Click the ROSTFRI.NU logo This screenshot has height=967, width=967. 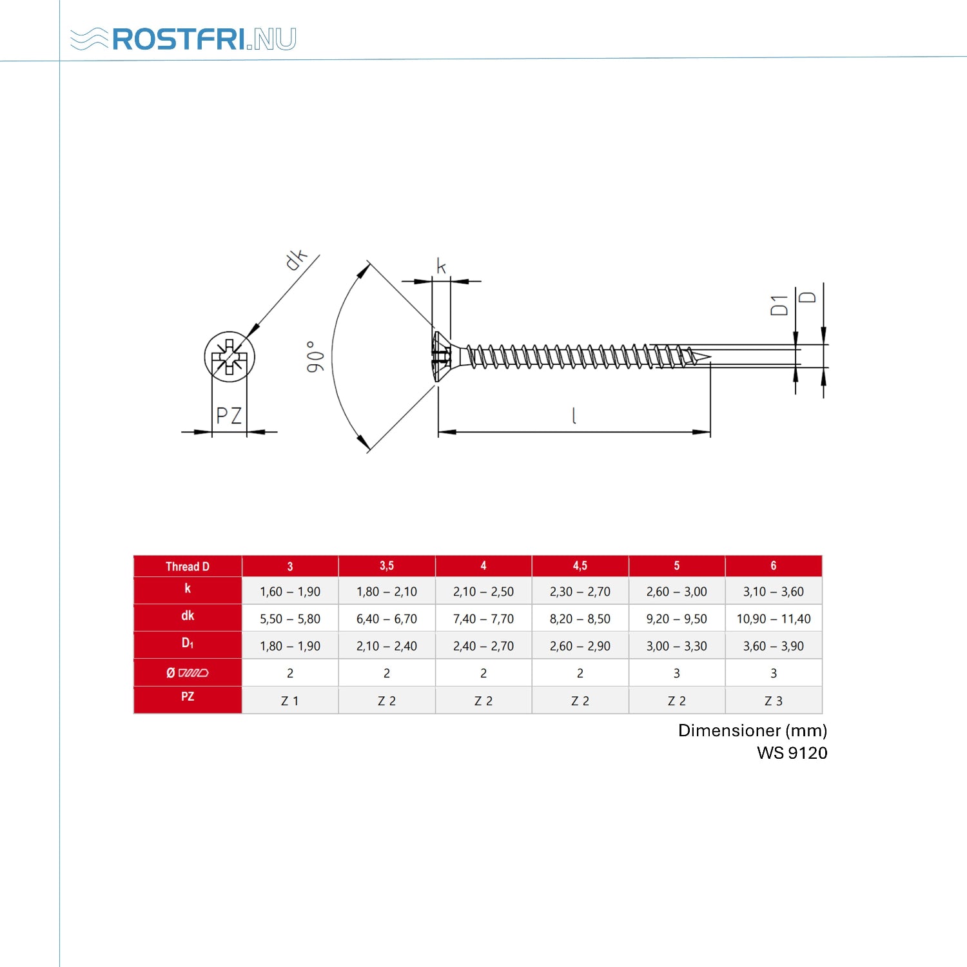pos(183,39)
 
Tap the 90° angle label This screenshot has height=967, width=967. pos(315,357)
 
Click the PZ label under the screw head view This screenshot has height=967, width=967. pos(229,415)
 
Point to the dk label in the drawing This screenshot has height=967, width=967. pos(296,259)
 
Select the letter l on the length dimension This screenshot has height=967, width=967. pos(574,416)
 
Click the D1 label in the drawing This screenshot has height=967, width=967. pos(779,306)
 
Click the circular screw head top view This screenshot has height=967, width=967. pos(230,357)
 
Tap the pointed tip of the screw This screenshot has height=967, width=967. pos(710,357)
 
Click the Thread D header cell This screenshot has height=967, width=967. pos(188,566)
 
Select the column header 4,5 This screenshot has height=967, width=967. pos(580,565)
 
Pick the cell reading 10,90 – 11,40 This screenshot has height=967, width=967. pos(774,619)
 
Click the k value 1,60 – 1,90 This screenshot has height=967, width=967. pos(290,592)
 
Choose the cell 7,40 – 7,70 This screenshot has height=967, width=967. pos(484,619)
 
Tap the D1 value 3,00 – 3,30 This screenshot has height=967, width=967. pos(677,646)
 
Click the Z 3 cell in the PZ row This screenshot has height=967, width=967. pos(774,701)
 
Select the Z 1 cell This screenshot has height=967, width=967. pos(290,701)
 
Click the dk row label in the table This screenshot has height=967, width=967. pos(188,616)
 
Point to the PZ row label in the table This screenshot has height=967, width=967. pos(188,697)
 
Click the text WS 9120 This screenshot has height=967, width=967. pos(792,753)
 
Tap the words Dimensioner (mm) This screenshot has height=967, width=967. pos(753,730)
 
